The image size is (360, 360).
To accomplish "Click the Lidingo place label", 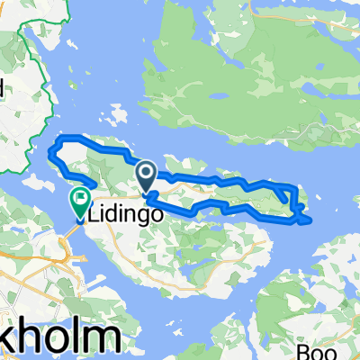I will click(124, 216).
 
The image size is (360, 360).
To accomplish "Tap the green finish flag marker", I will click(81, 198).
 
